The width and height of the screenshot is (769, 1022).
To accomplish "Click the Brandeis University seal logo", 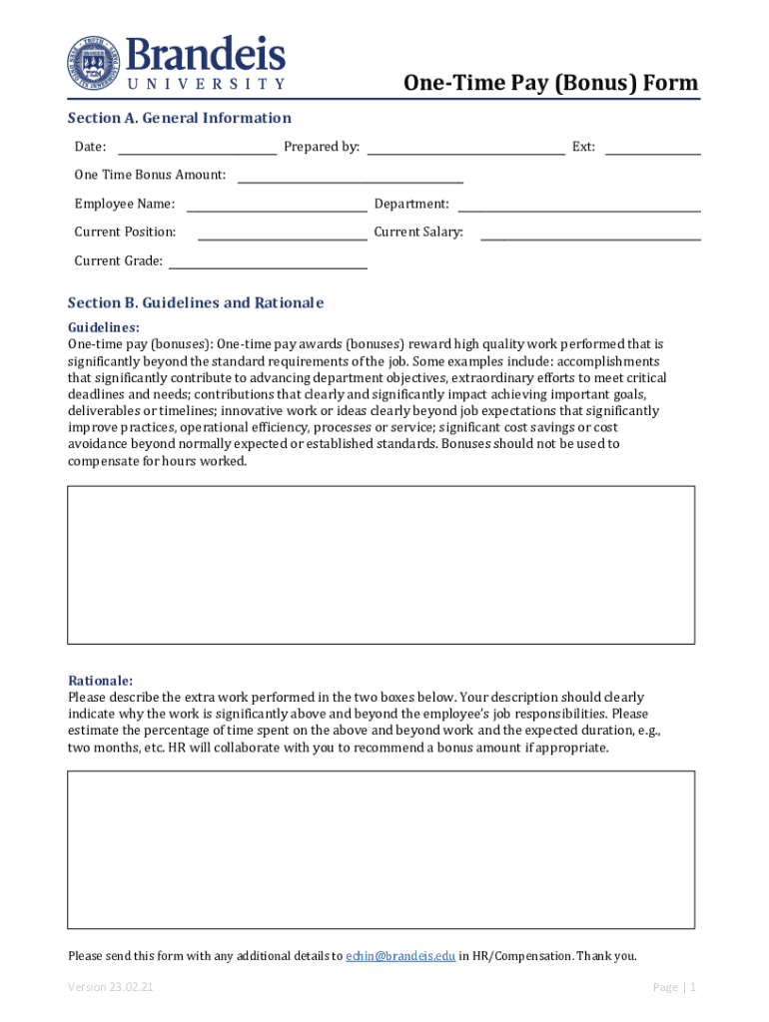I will pos(92,61).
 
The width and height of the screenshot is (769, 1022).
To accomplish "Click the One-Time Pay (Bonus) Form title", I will pos(550,83).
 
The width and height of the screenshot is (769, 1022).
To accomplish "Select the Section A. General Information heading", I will pos(179,118).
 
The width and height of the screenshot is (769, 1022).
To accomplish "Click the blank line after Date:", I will pos(197,149).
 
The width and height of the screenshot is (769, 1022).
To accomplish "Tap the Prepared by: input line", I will pos(465,149).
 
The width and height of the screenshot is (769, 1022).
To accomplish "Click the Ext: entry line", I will pos(652,149).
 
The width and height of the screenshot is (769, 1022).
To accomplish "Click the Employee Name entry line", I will pos(277,206).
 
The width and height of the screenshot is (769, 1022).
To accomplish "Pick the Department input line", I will pos(578,206).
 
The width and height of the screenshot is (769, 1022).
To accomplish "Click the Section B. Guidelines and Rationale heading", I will pos(196,302).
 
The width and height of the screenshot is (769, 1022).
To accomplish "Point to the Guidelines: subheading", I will pos(103,327).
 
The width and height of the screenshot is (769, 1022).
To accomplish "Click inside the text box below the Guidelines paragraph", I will pos(381,564).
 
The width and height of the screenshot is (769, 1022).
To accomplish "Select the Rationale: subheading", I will pos(100,681).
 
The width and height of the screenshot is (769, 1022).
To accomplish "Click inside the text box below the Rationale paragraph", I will pos(381,849).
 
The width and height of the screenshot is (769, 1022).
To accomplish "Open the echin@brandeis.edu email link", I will pos(400,956).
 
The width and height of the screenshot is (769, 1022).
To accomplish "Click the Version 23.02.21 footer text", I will pos(110,987).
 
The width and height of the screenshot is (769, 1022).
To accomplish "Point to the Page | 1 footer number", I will pos(674,987).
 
